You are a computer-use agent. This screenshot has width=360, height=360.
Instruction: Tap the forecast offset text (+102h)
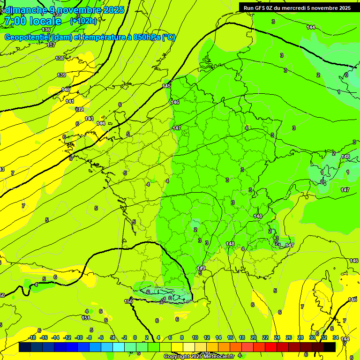click(x=83, y=21)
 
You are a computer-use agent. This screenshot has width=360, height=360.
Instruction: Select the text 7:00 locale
click(x=32, y=21)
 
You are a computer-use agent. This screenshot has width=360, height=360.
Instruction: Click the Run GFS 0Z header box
click(x=297, y=7)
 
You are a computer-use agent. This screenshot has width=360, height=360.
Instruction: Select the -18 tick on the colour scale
click(x=32, y=337)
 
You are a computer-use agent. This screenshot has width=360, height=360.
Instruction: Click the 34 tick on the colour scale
click(x=336, y=337)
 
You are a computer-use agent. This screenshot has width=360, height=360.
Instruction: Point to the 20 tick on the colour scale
click(x=253, y=337)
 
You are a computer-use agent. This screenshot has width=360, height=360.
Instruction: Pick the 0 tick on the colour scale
click(x=135, y=337)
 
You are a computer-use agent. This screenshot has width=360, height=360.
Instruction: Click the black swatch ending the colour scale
click(x=330, y=347)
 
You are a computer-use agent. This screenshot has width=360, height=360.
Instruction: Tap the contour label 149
click(x=201, y=268)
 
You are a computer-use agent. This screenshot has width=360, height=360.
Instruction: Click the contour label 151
click(x=86, y=318)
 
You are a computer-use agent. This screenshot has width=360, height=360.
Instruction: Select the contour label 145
click(x=167, y=86)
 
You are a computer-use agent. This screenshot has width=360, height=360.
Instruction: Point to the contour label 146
click(x=175, y=102)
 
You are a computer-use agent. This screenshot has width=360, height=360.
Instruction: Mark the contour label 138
click(x=60, y=58)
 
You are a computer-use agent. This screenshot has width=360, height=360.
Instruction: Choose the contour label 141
click(x=70, y=101)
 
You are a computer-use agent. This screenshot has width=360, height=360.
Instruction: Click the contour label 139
click(x=61, y=75)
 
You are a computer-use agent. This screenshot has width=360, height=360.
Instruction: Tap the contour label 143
click(x=89, y=119)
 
